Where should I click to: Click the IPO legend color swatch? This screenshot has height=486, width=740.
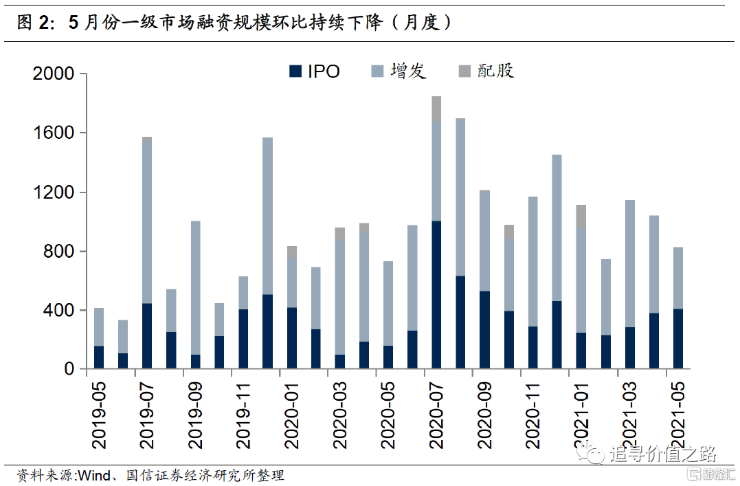point(295,71)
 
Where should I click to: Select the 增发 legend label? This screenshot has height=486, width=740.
point(408,71)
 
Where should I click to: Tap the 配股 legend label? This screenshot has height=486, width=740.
point(495,71)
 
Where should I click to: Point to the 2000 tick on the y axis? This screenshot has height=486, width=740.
point(54,74)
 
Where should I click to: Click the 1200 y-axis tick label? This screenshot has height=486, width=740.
point(54,192)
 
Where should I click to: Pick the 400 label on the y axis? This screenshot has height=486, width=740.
point(58,310)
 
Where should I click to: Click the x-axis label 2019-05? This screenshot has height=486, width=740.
point(99,416)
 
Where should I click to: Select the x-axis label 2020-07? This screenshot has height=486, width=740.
point(436,416)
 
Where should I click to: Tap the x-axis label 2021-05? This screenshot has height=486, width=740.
point(677,416)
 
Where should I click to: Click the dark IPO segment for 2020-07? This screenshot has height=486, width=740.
point(436,295)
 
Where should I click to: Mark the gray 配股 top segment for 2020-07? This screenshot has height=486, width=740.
point(436,109)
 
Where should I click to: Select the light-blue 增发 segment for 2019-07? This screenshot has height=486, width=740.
point(147,223)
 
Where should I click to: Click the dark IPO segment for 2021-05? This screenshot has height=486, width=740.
point(677,339)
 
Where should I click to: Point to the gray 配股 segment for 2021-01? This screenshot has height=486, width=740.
point(581,216)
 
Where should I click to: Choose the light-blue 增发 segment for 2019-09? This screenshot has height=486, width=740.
point(195,288)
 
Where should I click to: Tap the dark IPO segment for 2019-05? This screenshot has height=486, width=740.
point(99,357)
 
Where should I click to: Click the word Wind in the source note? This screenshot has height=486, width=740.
point(94,475)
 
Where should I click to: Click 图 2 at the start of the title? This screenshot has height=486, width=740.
point(33,22)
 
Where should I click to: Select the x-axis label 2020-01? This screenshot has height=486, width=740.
point(292,416)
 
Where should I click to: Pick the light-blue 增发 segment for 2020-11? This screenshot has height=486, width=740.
point(532,262)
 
